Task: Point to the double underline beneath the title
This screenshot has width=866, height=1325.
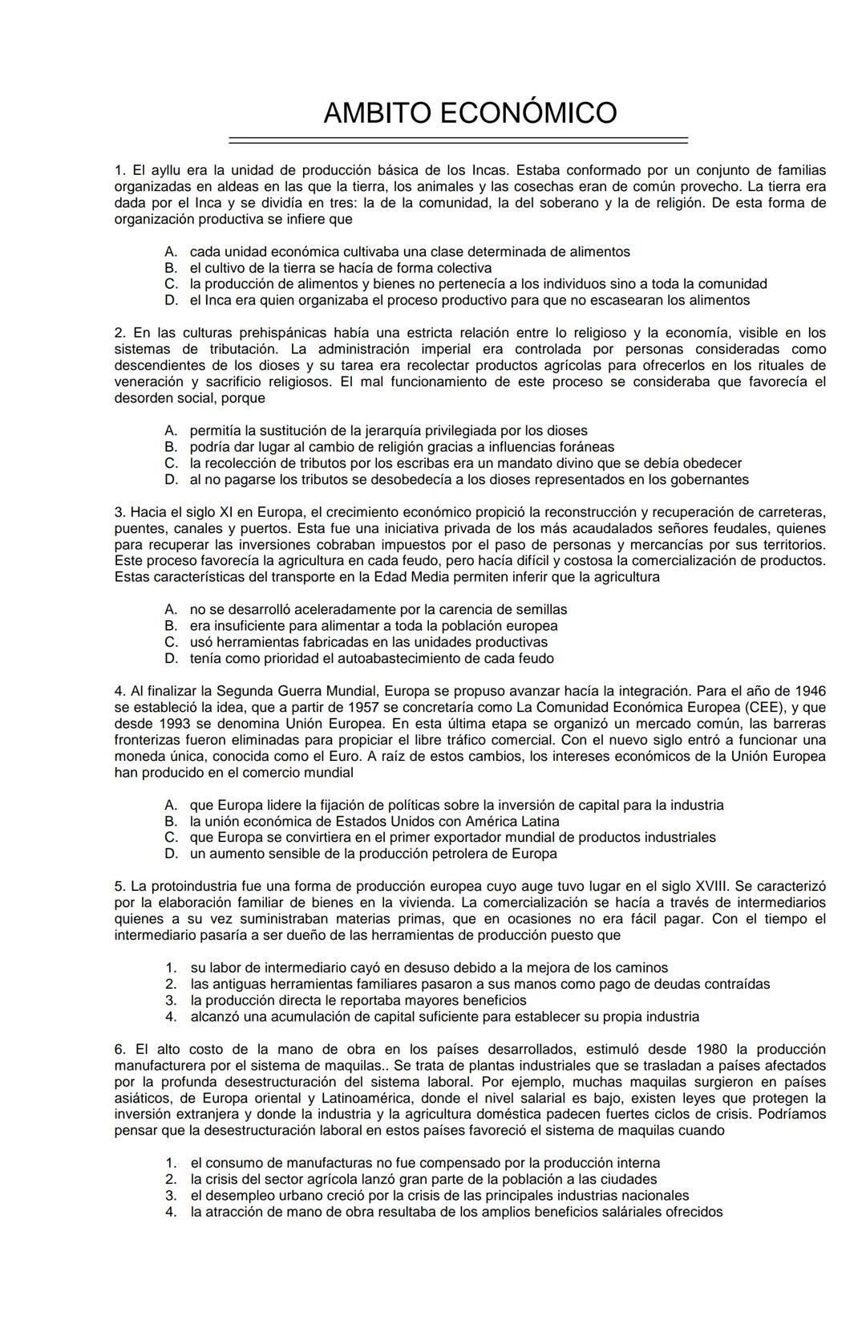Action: click(x=458, y=140)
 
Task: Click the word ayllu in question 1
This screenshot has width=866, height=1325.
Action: click(x=167, y=170)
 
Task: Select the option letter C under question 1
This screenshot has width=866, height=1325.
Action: click(x=170, y=284)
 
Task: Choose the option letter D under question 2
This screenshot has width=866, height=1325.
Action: click(x=170, y=480)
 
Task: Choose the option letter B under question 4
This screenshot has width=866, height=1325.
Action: click(x=170, y=821)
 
